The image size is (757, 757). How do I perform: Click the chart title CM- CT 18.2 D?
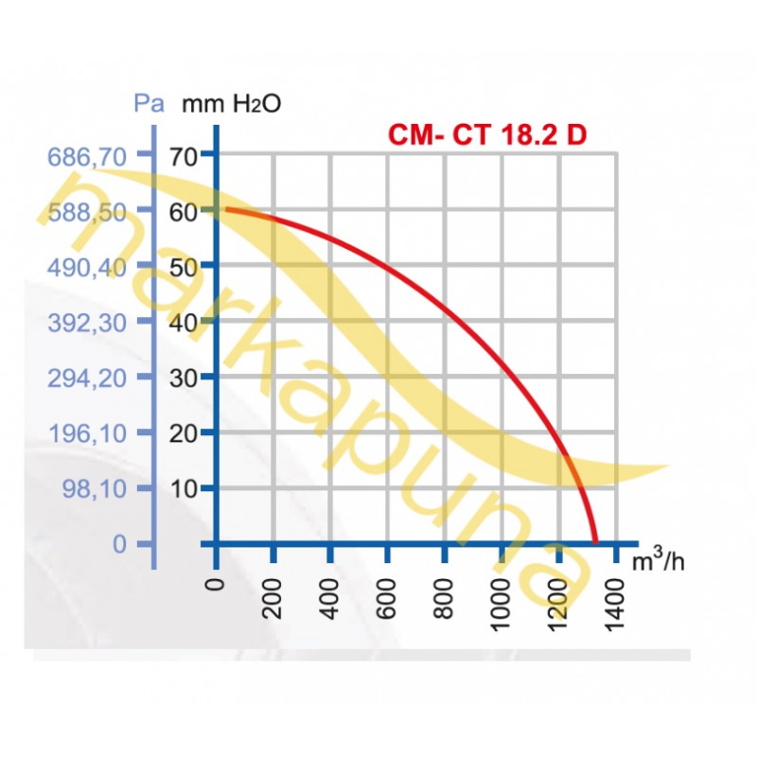click(x=487, y=134)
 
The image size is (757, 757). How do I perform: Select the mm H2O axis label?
click(x=231, y=104)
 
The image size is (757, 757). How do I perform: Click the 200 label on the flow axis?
click(x=275, y=596)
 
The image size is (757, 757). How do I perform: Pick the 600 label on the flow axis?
click(x=389, y=596)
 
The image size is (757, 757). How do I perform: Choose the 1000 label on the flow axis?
click(x=502, y=602)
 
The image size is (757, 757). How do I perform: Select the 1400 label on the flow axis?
click(x=616, y=602)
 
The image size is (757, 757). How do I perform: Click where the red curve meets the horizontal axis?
click(x=596, y=543)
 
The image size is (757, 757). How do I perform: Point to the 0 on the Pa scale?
click(x=117, y=544)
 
